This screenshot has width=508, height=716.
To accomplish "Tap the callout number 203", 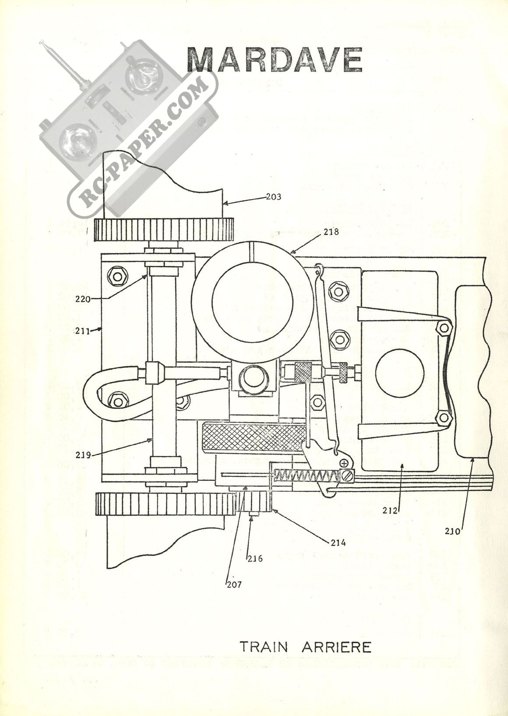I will [273, 197].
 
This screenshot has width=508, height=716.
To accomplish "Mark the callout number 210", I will [452, 532].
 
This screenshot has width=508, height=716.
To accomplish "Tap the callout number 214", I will [339, 543].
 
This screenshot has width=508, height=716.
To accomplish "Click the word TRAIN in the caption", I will [265, 647].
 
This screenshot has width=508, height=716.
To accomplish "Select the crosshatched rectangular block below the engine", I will [254, 437].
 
